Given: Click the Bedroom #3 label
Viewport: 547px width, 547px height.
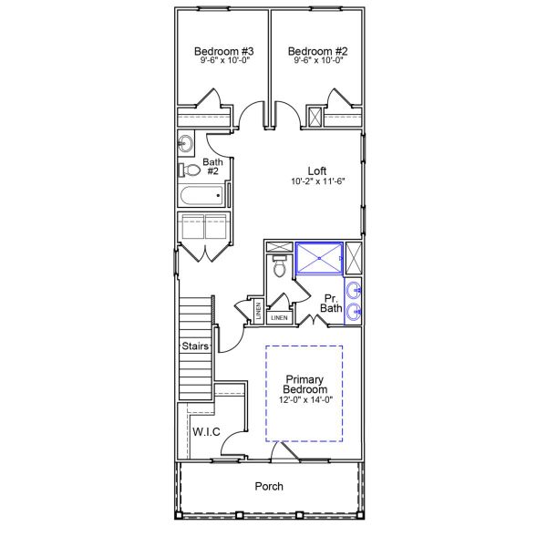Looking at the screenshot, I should [223, 51].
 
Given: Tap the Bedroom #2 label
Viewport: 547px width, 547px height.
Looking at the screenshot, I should [314, 51].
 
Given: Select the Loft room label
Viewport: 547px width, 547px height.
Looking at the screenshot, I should [316, 170].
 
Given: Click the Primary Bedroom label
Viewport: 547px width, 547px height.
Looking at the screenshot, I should [305, 384].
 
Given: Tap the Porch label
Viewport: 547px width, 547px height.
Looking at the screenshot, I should [268, 486].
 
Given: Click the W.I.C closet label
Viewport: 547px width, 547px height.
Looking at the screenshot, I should [205, 431].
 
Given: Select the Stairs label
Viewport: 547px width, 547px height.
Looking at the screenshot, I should [195, 346].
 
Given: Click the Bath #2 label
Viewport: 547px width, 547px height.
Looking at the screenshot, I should [212, 166].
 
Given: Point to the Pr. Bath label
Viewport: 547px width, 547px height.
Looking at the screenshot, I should [331, 304].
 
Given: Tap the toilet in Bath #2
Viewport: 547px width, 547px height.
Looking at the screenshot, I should [190, 170].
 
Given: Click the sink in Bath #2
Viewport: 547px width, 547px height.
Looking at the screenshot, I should [185, 142].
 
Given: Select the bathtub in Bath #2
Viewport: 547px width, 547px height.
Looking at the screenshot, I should [201, 195].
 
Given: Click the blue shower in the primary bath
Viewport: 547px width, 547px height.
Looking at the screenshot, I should [319, 258].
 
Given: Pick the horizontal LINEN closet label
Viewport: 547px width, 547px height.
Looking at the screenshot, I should [279, 318].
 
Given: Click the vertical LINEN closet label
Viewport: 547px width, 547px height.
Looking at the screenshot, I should [259, 310].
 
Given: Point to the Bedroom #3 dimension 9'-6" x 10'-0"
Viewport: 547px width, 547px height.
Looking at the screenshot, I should [223, 62].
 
